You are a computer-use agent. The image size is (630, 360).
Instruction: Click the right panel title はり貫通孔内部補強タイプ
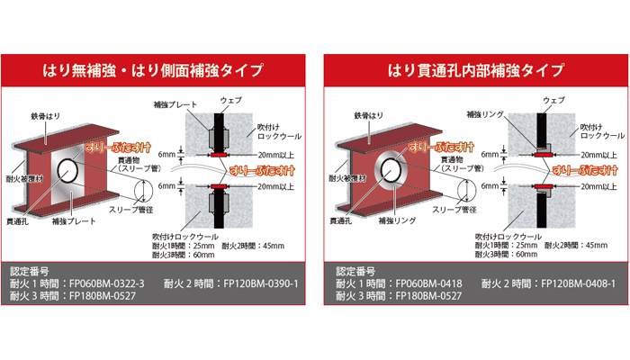coord(477,69)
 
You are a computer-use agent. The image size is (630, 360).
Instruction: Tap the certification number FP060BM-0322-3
coord(107,283)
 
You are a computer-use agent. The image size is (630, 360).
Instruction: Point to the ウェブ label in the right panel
coord(553,99)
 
